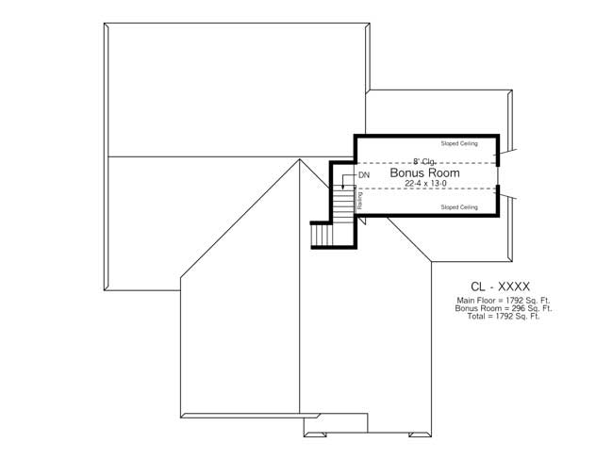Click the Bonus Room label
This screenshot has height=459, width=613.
[x=424, y=174]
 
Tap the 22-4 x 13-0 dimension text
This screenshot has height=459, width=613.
[x=424, y=185]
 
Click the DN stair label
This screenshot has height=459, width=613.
[x=364, y=176]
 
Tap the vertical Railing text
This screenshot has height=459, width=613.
[x=359, y=200]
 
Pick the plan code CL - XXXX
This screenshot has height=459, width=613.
[x=501, y=287]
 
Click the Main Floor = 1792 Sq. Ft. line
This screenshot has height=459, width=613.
[x=503, y=301]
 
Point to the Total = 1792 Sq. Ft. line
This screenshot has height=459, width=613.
[x=503, y=316]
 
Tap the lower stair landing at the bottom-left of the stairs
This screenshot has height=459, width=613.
[x=323, y=234]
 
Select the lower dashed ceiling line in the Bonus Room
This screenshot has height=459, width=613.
[x=424, y=189]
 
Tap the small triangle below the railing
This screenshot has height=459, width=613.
[x=361, y=221]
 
